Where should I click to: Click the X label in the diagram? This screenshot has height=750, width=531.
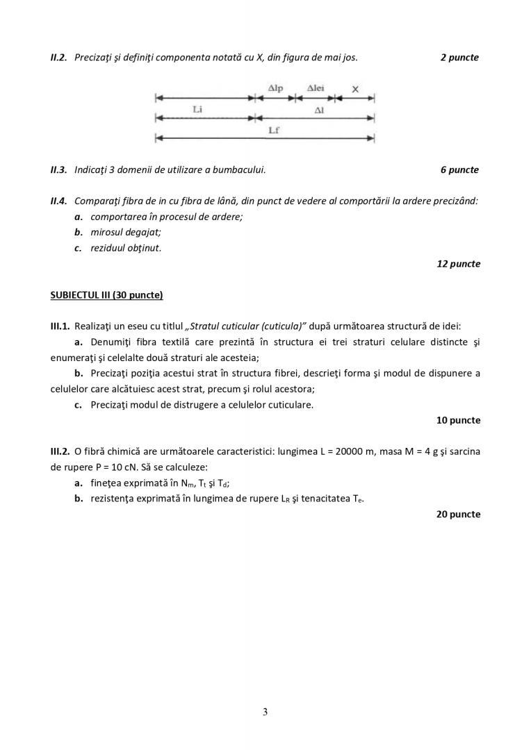tap(355, 89)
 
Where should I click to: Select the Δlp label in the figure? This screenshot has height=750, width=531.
tap(276, 88)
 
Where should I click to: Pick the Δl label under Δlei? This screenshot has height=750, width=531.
tap(319, 110)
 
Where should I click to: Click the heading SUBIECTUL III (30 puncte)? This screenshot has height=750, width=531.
tap(106, 295)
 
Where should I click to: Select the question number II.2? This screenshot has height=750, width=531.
tap(58, 58)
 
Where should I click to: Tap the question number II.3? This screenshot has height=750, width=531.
tap(58, 169)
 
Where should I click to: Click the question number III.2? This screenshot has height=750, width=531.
tap(60, 451)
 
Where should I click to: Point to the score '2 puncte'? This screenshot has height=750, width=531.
tap(459, 58)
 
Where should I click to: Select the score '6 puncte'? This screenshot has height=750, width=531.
tap(459, 169)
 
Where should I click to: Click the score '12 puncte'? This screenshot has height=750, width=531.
tap(458, 264)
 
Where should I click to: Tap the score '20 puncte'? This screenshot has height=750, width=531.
tap(458, 515)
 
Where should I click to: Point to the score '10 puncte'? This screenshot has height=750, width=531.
tap(458, 420)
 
